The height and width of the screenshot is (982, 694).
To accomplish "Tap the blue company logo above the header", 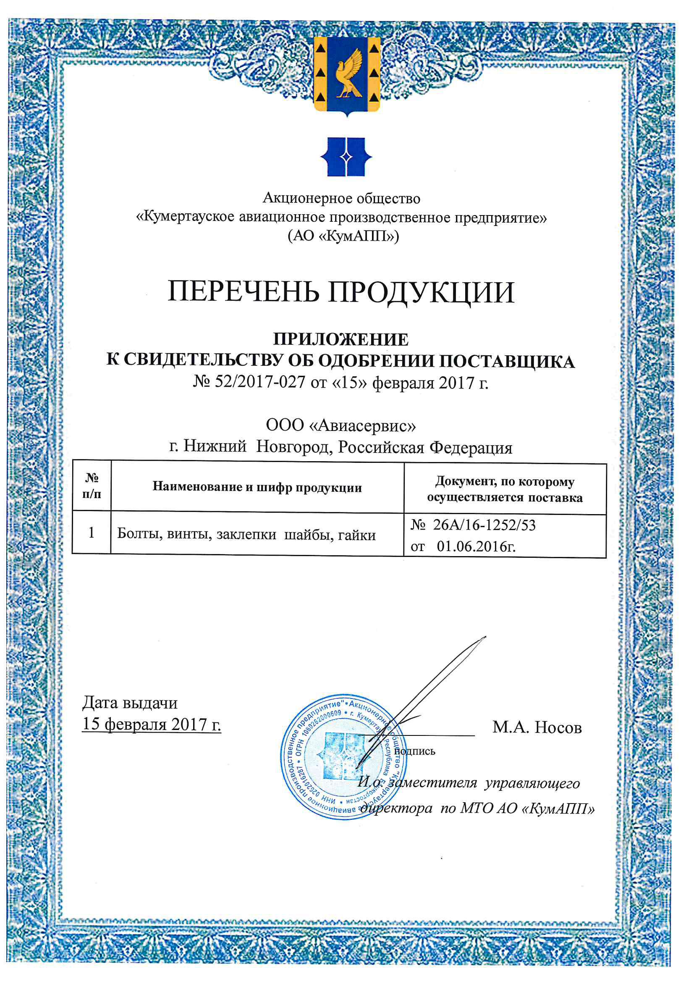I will (346, 157).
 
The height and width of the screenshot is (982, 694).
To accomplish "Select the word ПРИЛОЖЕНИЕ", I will (341, 340).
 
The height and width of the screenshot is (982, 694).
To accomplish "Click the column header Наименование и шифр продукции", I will (257, 487).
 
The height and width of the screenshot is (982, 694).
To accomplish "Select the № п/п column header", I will (92, 486).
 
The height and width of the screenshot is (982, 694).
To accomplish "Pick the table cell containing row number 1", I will (91, 533).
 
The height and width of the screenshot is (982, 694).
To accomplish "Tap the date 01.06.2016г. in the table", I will (476, 546).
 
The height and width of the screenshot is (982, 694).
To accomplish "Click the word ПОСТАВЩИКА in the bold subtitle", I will (507, 362).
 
